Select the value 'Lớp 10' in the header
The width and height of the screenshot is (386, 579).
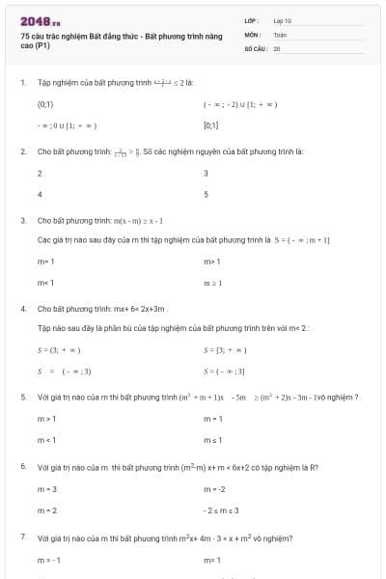tap(283, 20)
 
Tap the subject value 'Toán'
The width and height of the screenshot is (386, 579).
tap(280, 34)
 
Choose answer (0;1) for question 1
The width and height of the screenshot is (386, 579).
tap(45, 103)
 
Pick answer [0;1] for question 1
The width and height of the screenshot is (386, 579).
tap(210, 125)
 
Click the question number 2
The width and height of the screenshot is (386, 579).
tap(22, 152)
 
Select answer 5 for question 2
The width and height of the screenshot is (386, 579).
tap(206, 194)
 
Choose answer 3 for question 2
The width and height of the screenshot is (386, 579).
tap(206, 174)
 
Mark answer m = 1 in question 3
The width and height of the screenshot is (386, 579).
tap(45, 262)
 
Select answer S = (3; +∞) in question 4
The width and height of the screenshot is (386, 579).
tap(58, 349)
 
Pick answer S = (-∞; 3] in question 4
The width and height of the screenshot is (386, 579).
tap(225, 371)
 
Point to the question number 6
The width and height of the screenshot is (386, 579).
tap(22, 467)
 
